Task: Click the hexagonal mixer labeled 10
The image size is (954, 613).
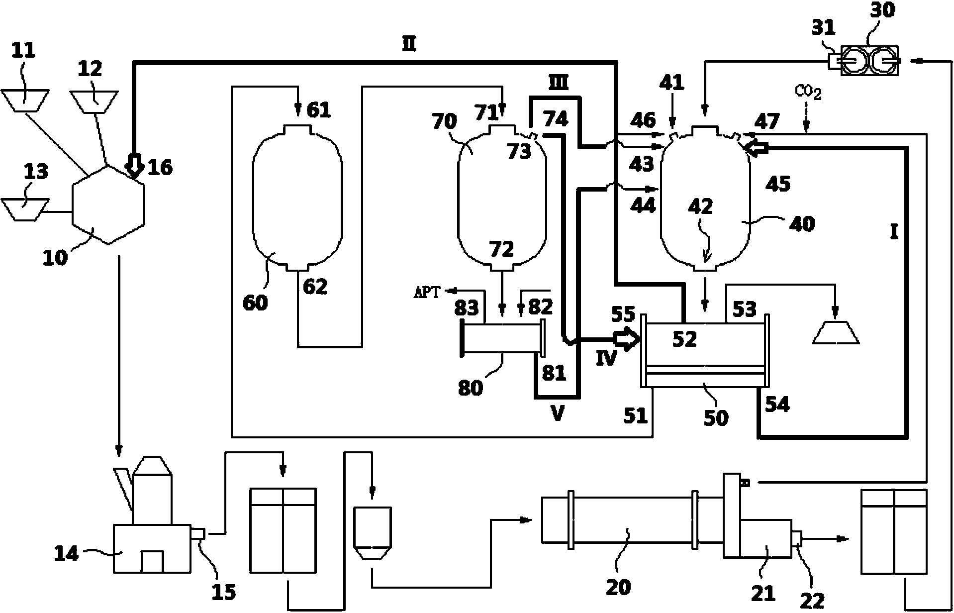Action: point(108,204)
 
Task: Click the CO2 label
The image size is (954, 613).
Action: point(808,93)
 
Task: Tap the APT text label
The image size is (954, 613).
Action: point(427,293)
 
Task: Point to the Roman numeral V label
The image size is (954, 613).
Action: point(558,413)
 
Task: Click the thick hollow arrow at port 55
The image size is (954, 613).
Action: point(626,340)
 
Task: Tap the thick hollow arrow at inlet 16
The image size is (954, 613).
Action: point(133,166)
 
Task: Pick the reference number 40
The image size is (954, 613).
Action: point(802,224)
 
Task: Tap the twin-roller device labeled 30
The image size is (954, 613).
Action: point(870,60)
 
